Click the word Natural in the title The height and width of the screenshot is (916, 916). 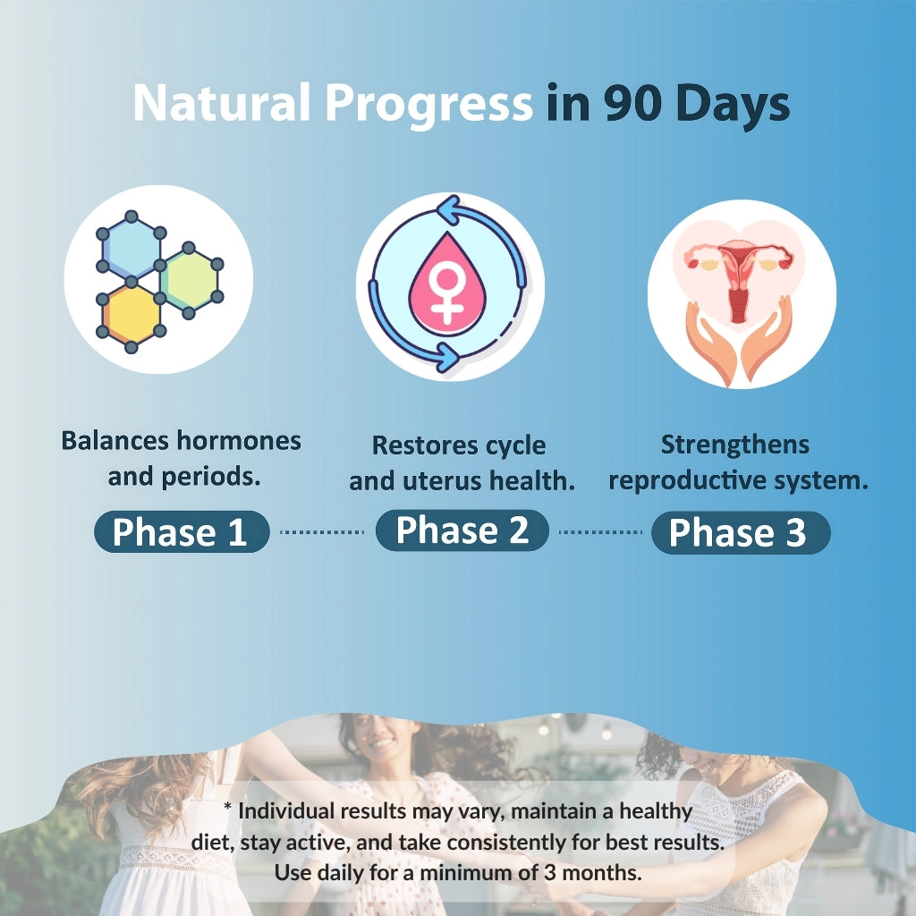tap(222, 103)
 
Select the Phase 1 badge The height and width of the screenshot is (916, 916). tap(182, 531)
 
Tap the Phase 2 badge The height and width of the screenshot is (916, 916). tap(462, 530)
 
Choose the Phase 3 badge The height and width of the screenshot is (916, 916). tap(741, 532)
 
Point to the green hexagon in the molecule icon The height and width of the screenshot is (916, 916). tap(189, 280)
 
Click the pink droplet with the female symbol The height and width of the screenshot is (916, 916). tap(447, 286)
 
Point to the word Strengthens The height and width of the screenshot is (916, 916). tap(735, 445)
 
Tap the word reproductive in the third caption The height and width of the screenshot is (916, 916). tap(687, 480)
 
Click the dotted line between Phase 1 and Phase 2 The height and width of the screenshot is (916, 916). tap(322, 532)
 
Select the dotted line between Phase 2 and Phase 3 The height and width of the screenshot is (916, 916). tap(600, 532)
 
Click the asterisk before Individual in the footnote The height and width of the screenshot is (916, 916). tap(228, 806)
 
